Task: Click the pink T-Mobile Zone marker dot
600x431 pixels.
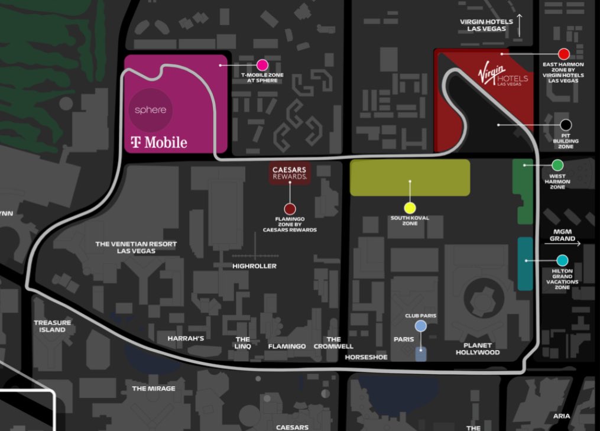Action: pos(262,65)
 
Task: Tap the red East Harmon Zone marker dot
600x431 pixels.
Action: pos(563,54)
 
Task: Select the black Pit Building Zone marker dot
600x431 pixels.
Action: pos(566,125)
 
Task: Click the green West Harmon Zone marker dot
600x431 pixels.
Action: pos(557,165)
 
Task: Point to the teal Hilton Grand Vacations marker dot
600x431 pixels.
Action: pos(562,260)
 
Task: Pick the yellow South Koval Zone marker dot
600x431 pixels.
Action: pos(410,208)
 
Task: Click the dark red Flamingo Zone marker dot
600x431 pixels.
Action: pos(290,209)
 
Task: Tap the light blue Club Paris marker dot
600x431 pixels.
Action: pos(420,326)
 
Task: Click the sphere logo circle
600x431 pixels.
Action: pos(151,110)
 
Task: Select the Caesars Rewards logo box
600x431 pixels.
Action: pos(290,173)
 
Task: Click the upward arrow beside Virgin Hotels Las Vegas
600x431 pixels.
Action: pos(520,25)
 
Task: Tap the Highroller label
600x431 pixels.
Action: pos(254,266)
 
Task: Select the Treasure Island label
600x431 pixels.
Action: pos(52,326)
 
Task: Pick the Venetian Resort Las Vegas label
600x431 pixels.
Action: pos(136,247)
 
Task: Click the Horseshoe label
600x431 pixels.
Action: pos(367,357)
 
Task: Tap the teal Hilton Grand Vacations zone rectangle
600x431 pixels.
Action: pos(525,264)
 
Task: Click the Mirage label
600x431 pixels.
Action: pos(154,388)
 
